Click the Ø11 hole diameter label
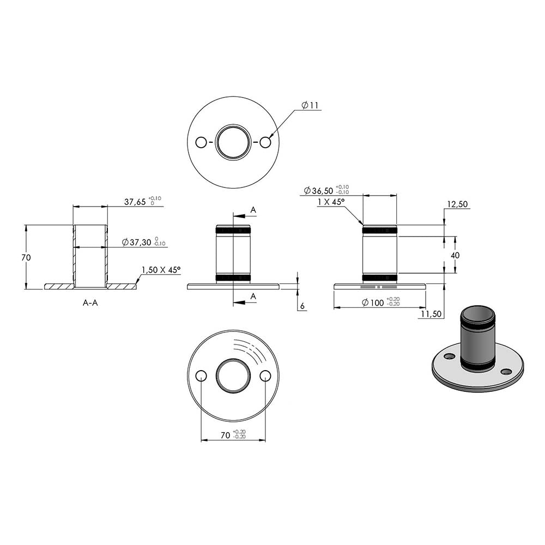[x=310, y=105]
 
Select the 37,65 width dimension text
[x=135, y=202]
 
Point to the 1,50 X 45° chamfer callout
[x=161, y=270]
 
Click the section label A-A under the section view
[x=90, y=303]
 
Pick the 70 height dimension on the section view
[x=26, y=258]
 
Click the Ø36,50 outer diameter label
[x=318, y=190]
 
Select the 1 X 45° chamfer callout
[x=331, y=202]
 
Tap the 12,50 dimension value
[x=457, y=204]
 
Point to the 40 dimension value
[x=455, y=256]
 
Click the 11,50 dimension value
[x=431, y=314]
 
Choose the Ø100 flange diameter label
[x=373, y=302]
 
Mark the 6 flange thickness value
[x=302, y=306]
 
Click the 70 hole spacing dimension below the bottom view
[x=226, y=435]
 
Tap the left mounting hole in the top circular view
[x=201, y=142]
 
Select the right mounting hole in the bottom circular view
[x=265, y=376]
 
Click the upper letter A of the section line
[x=253, y=210]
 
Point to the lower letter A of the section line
[x=253, y=296]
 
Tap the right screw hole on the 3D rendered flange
[x=506, y=372]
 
